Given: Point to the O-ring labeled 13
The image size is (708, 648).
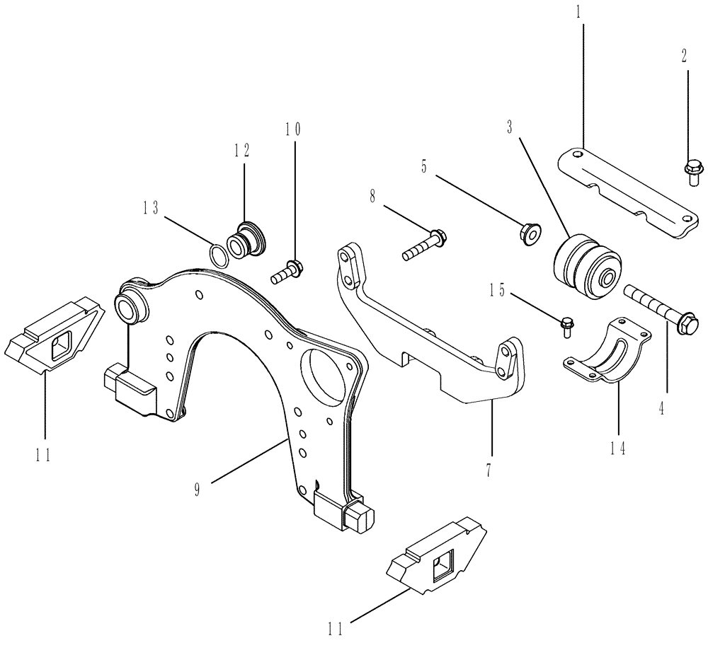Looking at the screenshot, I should pos(220,254).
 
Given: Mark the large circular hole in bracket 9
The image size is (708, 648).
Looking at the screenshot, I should pos(326,371).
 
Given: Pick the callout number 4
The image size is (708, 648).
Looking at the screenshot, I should pos(662,408).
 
